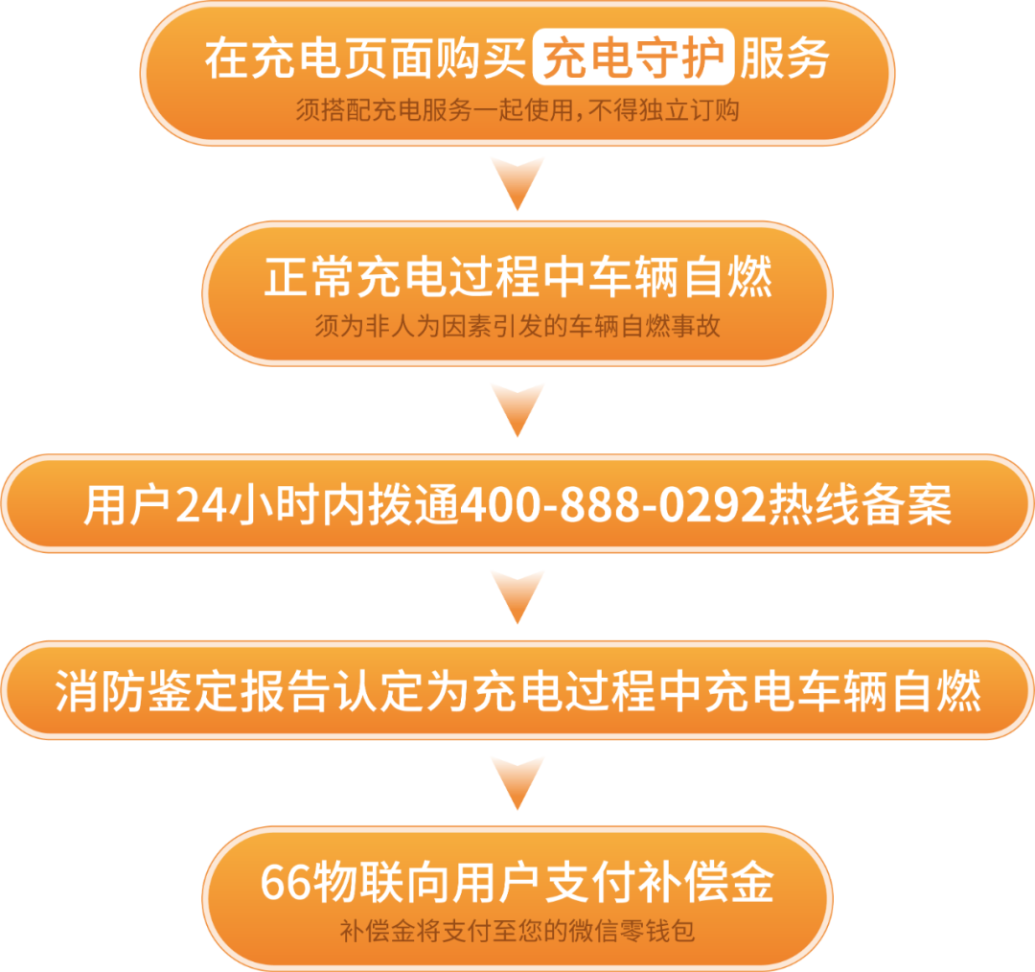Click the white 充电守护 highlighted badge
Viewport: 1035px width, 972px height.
click(x=633, y=59)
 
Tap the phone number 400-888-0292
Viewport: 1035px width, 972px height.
click(x=614, y=505)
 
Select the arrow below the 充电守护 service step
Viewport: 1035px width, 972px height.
click(x=517, y=181)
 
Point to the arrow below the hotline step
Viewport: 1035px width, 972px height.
click(x=517, y=595)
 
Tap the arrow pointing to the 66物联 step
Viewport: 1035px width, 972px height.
click(x=517, y=781)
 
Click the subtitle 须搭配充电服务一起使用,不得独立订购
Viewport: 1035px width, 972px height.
click(x=517, y=111)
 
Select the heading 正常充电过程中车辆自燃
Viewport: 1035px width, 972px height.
click(x=517, y=278)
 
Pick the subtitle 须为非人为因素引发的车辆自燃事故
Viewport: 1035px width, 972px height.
click(x=517, y=327)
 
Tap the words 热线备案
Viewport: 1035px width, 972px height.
click(x=860, y=505)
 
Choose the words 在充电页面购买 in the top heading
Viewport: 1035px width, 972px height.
click(x=364, y=59)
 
